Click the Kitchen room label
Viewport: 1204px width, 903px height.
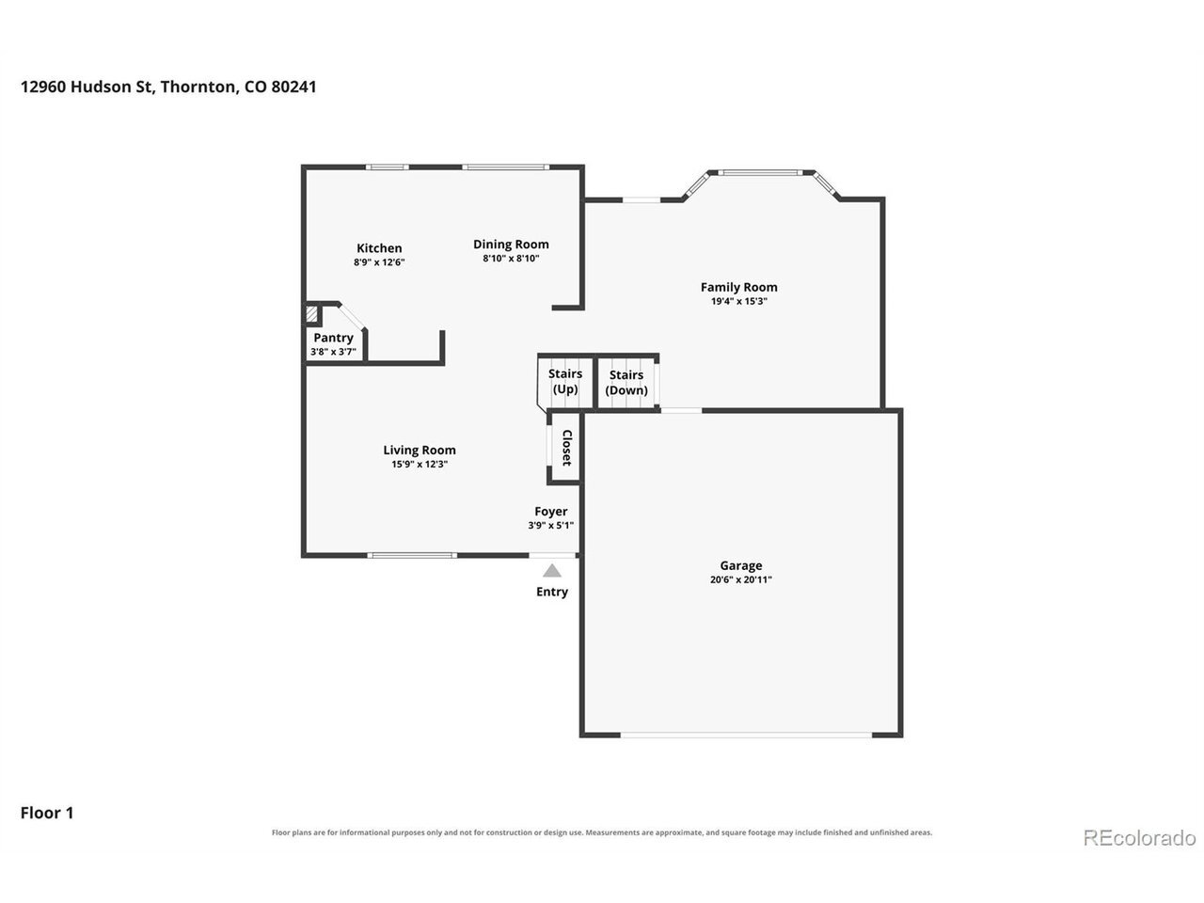[379, 247]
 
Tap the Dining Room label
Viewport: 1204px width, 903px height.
[511, 245]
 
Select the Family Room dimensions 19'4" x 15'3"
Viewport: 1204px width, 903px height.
[738, 301]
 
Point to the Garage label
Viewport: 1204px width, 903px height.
[741, 566]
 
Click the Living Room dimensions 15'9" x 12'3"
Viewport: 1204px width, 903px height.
[420, 464]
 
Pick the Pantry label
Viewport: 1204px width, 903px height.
[334, 338]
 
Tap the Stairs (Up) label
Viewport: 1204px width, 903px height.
[565, 381]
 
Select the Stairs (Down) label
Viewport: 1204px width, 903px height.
[626, 382]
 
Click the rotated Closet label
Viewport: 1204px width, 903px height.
[566, 448]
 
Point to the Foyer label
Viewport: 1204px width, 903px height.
[550, 512]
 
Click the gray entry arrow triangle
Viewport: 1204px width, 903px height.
[552, 571]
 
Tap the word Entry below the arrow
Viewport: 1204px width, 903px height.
[552, 592]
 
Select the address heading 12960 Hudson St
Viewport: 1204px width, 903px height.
[86, 87]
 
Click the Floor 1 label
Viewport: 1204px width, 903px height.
[47, 813]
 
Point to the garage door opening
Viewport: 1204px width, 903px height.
[746, 735]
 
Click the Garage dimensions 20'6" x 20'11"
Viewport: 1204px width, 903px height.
[741, 579]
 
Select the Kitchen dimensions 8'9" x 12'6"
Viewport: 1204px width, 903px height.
[379, 262]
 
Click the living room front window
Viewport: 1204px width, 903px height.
[412, 555]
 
